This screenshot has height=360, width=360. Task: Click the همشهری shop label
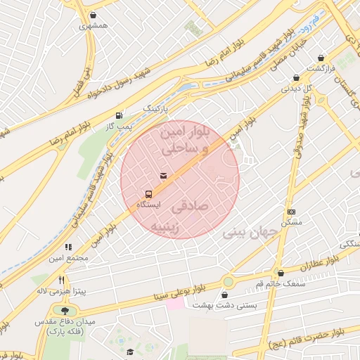(x=94, y=25)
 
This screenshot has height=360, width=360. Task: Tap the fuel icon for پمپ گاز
(x=119, y=115)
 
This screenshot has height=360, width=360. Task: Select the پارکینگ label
(x=157, y=109)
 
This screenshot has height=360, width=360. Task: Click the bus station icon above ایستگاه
(x=148, y=194)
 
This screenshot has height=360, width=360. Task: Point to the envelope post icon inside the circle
(x=163, y=176)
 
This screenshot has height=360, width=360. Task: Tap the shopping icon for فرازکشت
(x=321, y=58)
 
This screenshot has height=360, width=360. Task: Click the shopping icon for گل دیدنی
(x=296, y=78)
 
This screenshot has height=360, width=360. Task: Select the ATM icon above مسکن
(x=291, y=212)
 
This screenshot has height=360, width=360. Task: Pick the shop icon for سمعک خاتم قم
(x=281, y=273)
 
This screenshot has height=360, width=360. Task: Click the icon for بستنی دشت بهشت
(x=228, y=283)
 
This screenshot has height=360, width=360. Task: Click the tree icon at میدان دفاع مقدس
(x=65, y=311)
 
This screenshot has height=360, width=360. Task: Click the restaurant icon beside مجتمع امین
(x=68, y=247)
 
